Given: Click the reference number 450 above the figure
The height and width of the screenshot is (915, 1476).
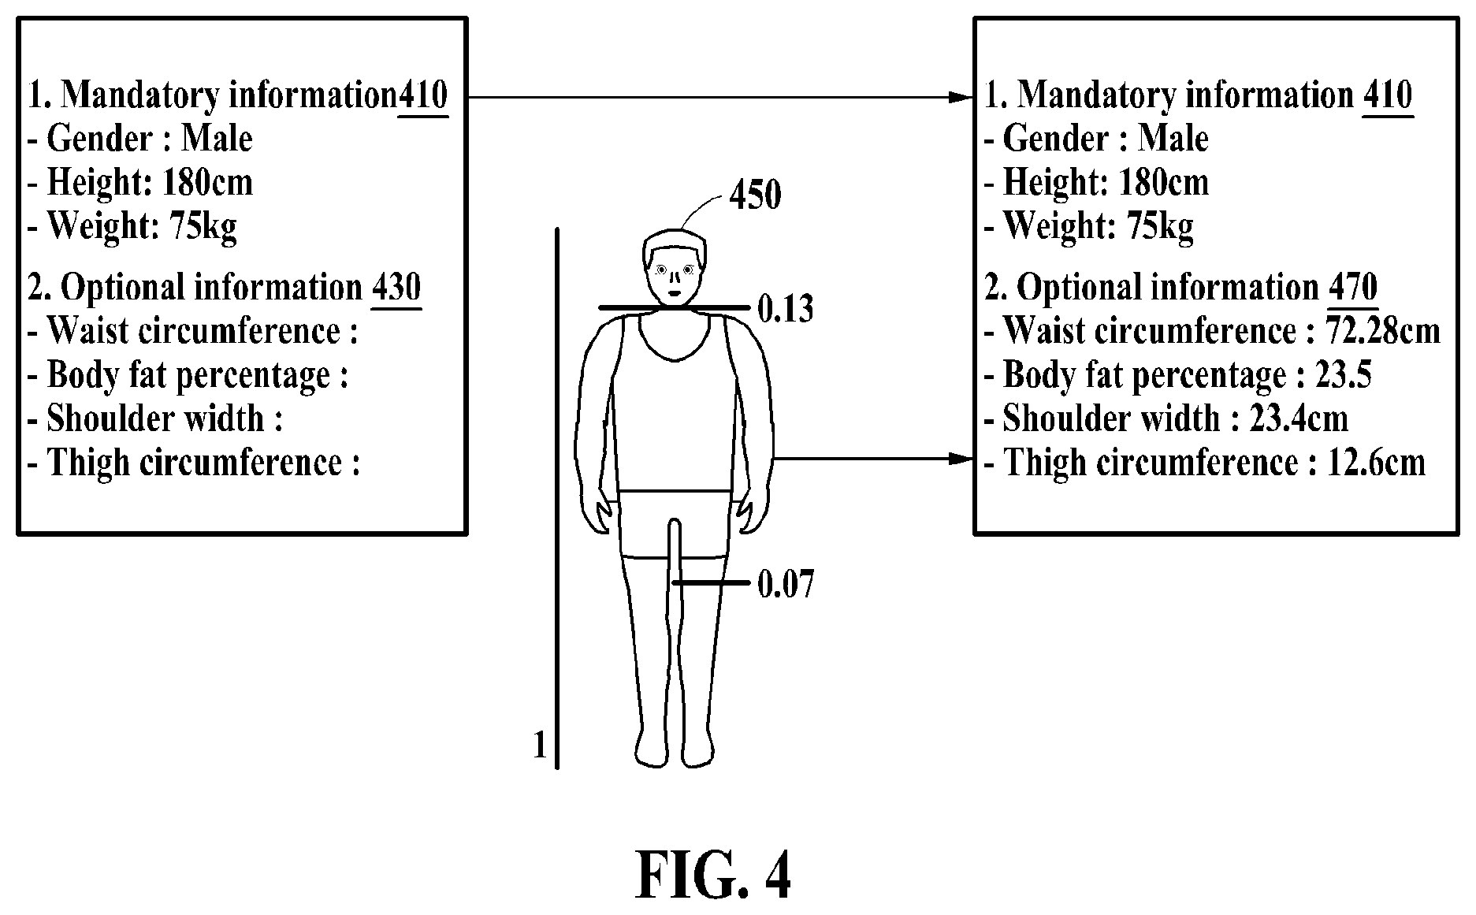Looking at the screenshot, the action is (755, 195).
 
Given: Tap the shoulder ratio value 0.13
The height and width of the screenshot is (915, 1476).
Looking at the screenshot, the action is (785, 308).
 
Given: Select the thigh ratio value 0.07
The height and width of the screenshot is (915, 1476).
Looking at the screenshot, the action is (785, 584).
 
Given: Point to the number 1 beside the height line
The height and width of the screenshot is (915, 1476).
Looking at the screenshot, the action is (540, 745).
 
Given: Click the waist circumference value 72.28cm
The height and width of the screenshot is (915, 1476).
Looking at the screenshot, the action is (1384, 331).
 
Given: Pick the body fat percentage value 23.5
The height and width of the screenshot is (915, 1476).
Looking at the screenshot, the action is (1344, 374).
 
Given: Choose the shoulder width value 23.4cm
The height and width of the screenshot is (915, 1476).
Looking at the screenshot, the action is (1299, 418).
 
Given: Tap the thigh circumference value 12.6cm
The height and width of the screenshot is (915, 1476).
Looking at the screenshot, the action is (1377, 462).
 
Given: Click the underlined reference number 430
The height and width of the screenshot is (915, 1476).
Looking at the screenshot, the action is (396, 288).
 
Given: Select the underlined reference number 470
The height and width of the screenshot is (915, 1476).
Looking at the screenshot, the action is (1353, 288).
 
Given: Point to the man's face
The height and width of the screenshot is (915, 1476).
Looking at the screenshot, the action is (675, 278).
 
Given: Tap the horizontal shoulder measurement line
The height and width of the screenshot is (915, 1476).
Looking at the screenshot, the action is (672, 307).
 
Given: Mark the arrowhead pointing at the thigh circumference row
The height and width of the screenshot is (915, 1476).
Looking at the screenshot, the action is (962, 459).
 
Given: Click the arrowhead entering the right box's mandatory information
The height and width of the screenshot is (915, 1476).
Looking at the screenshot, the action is (962, 97).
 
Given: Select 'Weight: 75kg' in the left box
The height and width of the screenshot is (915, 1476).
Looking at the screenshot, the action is (132, 226).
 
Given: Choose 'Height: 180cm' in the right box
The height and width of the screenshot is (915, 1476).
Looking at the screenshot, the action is (1096, 183).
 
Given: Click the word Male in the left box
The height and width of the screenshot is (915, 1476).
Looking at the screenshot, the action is (217, 139).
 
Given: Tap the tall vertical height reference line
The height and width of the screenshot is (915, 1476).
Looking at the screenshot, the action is (557, 498).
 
